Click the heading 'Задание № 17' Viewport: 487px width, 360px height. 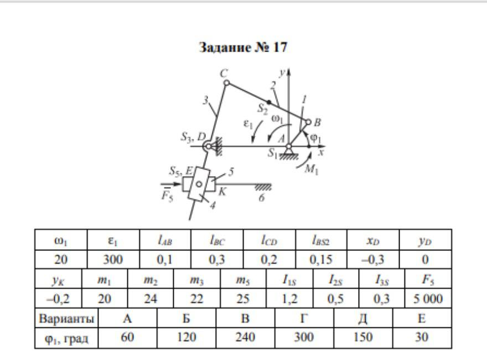coord(244,48)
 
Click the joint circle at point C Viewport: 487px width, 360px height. coord(226,83)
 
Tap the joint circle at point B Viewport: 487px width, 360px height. coord(309,122)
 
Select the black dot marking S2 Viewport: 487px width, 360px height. coord(270,102)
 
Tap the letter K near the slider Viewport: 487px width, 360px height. coord(222,192)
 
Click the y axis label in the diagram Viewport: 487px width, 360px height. coord(282,73)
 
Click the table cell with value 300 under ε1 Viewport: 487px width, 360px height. coord(113,259)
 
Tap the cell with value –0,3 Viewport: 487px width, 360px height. coord(372,259)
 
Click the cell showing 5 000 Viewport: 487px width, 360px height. coord(428,299)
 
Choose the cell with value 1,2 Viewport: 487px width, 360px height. coord(289,299)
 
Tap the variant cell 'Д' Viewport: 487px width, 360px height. coord(363,319)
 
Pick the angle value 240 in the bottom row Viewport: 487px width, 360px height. coord(245,337)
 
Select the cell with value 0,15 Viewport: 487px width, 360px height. coord(320,259)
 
